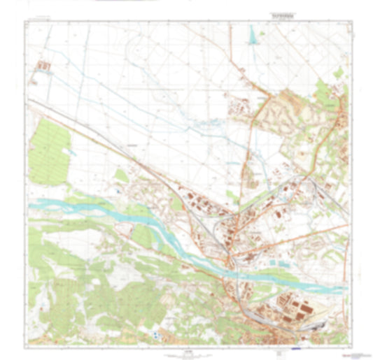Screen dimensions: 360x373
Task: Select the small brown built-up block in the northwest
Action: [x=44, y=68]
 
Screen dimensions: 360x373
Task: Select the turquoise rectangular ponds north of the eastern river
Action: [x=280, y=264]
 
